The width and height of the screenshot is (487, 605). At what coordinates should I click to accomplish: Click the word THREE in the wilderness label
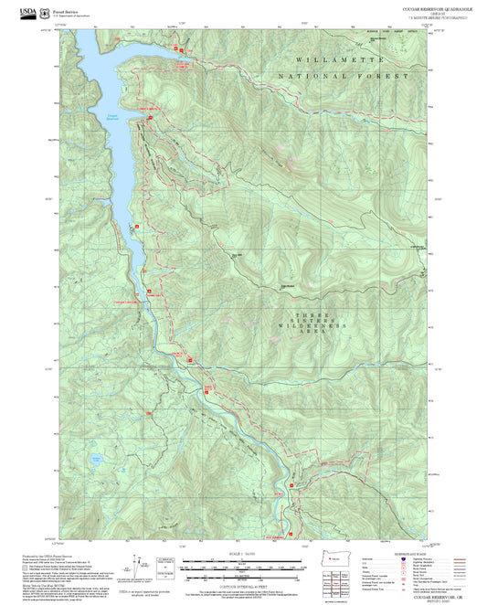tap(298, 315)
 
